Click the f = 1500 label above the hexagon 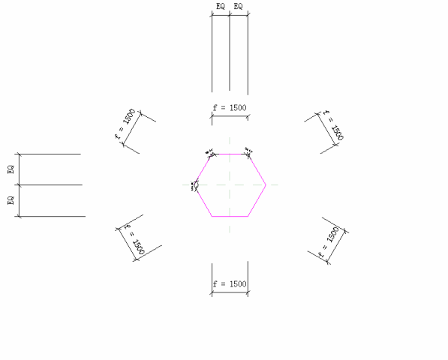click(x=230, y=108)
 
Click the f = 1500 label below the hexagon click(x=230, y=284)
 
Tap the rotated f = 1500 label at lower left click(x=133, y=238)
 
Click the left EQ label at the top click(x=221, y=7)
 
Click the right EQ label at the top click(x=239, y=7)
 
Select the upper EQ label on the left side click(x=11, y=169)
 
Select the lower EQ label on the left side click(x=11, y=201)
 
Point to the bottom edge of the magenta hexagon click(x=230, y=216)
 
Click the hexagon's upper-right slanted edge click(x=257, y=169)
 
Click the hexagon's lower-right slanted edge click(x=257, y=200)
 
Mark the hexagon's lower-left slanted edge click(x=203, y=200)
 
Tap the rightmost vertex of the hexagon click(x=266, y=184)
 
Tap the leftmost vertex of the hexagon click(x=194, y=184)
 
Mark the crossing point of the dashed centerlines click(x=230, y=184)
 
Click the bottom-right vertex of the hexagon click(x=248, y=216)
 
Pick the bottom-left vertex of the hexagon click(x=212, y=216)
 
